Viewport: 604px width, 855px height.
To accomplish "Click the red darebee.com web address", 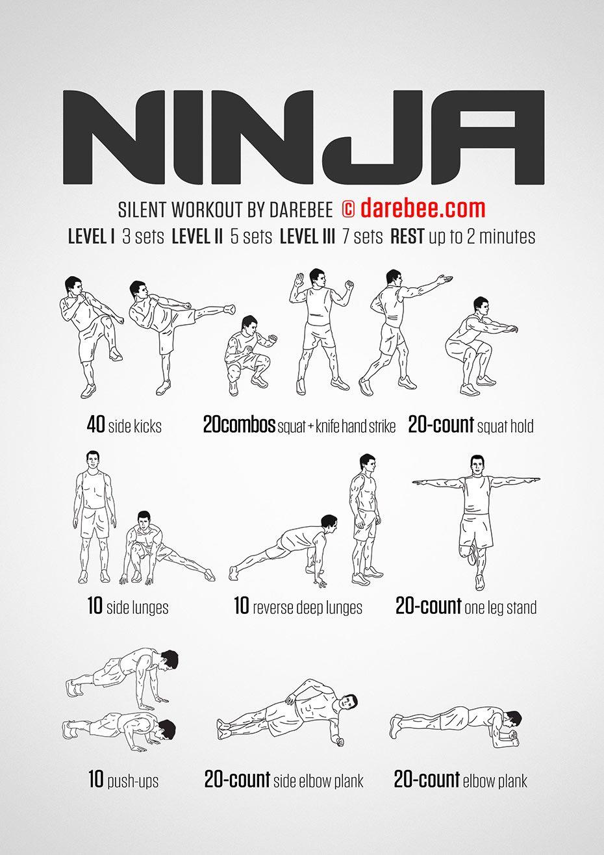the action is pos(423,209).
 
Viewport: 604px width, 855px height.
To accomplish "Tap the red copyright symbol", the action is pos(348,209).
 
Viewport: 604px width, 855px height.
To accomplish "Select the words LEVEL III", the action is pos(307,236).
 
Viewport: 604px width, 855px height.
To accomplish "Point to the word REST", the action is pos(407,236).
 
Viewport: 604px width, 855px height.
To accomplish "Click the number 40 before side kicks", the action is pos(95,425).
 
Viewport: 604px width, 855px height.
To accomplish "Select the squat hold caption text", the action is pos(505,426).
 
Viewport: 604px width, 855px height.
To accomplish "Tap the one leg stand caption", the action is pos(501,607).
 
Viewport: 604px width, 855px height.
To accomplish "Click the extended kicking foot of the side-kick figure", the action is pos(230,309).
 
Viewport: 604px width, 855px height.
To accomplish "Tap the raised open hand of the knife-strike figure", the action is pos(299,281).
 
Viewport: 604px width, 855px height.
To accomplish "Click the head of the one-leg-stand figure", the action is pos(476,465).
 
